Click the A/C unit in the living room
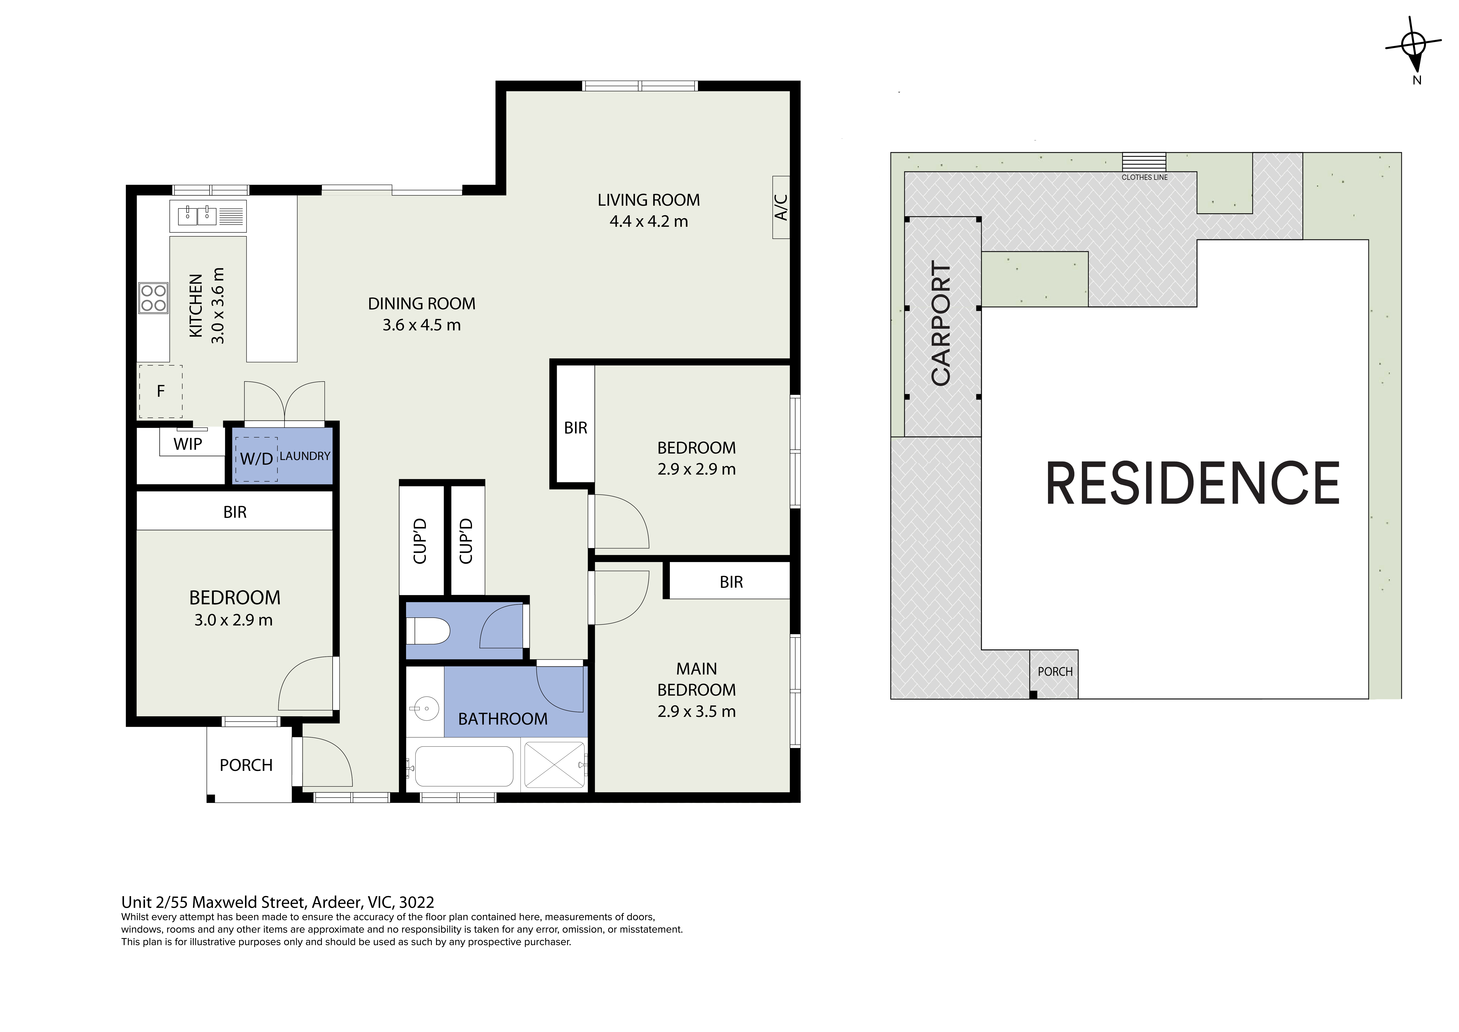click(781, 207)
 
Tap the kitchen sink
click(208, 216)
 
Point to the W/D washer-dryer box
click(256, 459)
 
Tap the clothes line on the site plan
click(1144, 161)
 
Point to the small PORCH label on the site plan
click(1055, 671)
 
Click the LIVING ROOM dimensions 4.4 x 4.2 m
click(649, 221)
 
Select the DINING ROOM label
click(422, 304)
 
